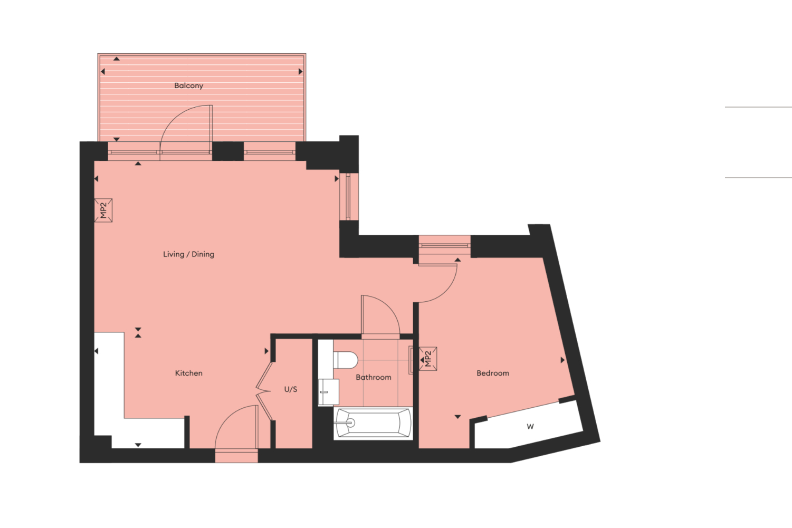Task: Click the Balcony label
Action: [188, 85]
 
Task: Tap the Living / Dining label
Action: [188, 254]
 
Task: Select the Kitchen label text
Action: [188, 373]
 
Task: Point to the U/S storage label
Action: [291, 389]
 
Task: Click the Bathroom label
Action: [374, 377]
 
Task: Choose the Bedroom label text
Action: [492, 373]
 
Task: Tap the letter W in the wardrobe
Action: [530, 427]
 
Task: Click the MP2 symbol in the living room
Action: [103, 210]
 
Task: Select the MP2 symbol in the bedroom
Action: [428, 359]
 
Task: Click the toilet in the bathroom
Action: [346, 360]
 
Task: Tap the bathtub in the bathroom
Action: [374, 423]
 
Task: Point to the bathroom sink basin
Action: [329, 391]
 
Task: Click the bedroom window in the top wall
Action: [444, 245]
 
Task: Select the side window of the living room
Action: [349, 197]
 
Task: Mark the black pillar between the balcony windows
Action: [228, 151]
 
